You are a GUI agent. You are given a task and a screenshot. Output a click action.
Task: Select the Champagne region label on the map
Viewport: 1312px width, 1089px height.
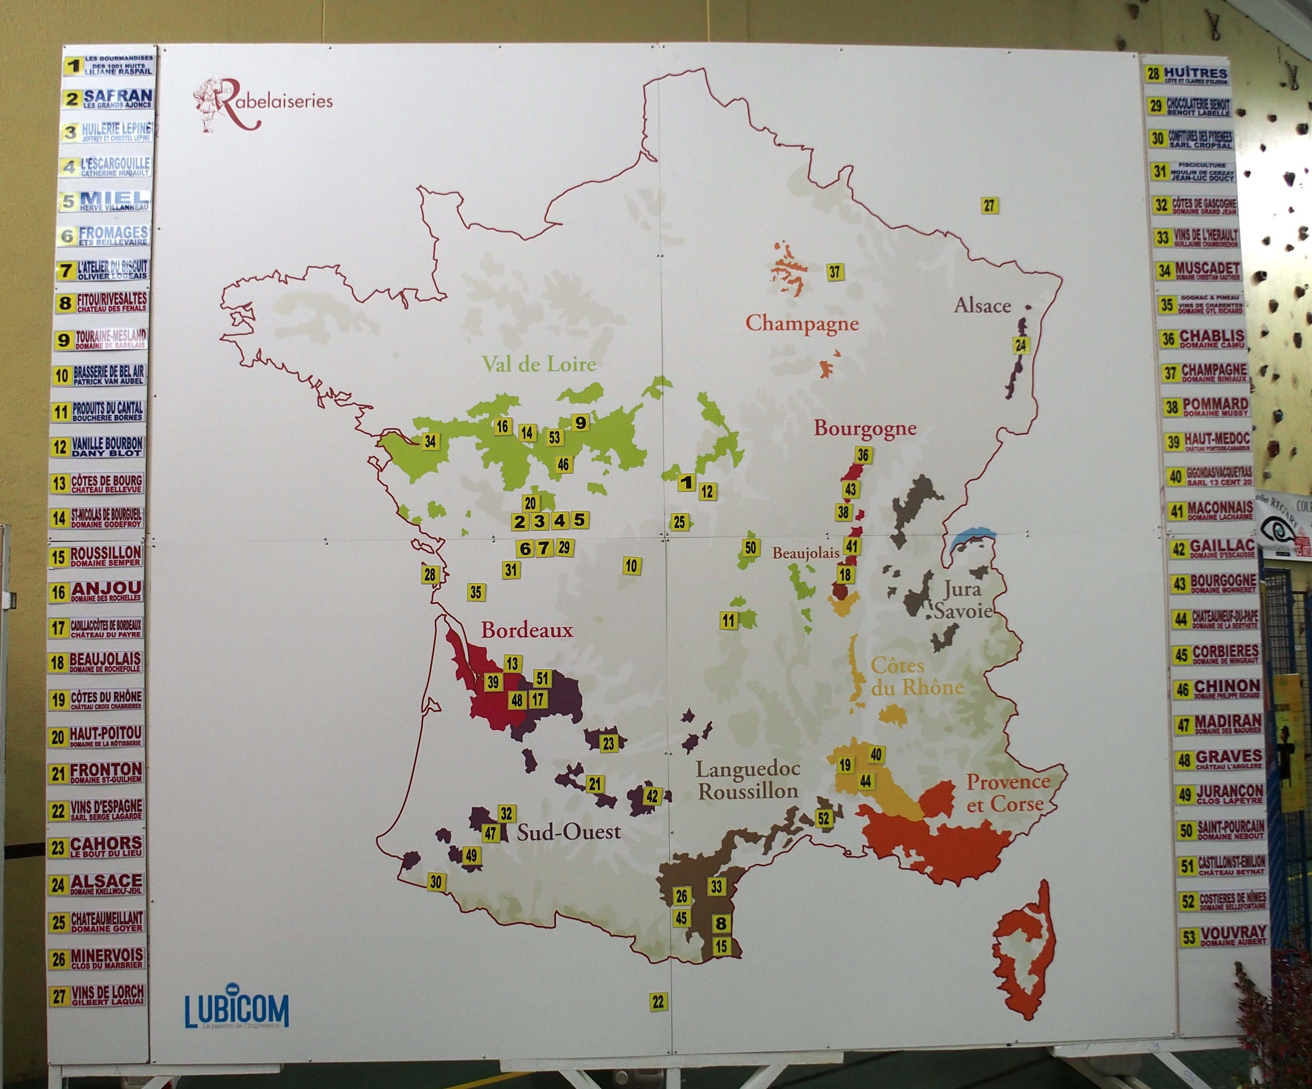click(x=802, y=323)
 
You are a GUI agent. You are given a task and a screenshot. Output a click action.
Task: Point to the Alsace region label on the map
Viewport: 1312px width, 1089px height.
click(x=982, y=305)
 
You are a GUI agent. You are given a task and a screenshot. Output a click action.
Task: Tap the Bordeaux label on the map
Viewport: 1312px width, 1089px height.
click(x=527, y=630)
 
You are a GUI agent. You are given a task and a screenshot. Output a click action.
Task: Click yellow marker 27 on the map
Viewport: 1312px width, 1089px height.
click(x=988, y=205)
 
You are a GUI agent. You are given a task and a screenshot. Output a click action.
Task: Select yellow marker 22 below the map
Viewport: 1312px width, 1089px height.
click(x=658, y=1002)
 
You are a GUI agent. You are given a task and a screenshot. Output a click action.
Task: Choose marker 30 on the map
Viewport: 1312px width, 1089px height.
click(x=436, y=882)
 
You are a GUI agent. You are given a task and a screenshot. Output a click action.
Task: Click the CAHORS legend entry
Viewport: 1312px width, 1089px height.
click(x=97, y=847)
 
